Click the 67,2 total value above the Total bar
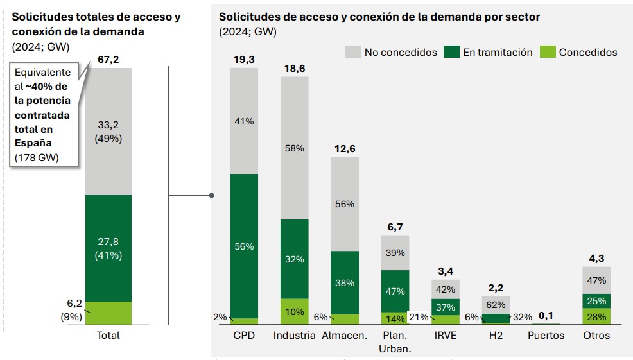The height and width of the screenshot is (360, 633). pos(108,60)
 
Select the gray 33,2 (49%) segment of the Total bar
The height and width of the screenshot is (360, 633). pos(108,132)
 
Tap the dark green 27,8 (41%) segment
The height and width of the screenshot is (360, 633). pos(108,248)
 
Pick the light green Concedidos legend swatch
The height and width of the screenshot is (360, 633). pos(547,52)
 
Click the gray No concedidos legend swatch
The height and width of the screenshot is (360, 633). pos(352,52)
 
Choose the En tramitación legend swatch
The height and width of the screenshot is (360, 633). pos(451,52)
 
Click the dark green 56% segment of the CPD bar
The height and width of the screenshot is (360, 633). pos(244,246)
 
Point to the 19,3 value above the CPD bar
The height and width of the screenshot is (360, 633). pos(244,60)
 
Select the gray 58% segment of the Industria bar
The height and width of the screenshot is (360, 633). pos(294,148)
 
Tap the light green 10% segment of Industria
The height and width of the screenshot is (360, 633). pos(294,311)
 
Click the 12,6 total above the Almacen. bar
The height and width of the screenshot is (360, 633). pos(344,149)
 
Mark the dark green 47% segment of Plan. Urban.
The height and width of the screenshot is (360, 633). pos(395,291)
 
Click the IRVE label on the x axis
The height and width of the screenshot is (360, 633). pos(445,336)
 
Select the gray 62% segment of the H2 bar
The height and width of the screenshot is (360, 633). pos(496,304)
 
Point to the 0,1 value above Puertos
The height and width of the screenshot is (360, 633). pos(546,316)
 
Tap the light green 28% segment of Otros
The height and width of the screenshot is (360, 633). pos(596,316)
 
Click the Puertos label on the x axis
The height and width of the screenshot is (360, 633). pos(546,336)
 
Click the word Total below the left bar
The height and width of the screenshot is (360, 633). pos(108,336)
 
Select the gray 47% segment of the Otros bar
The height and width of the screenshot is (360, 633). pos(596,280)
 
